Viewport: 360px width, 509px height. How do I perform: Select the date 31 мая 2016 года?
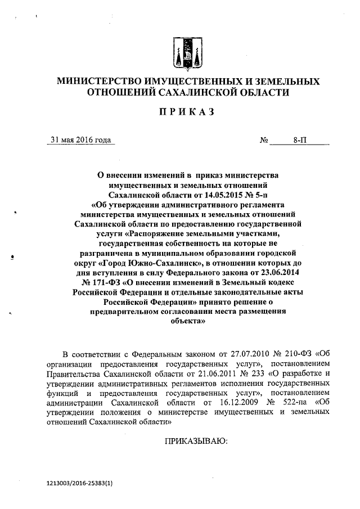pos(80,140)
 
